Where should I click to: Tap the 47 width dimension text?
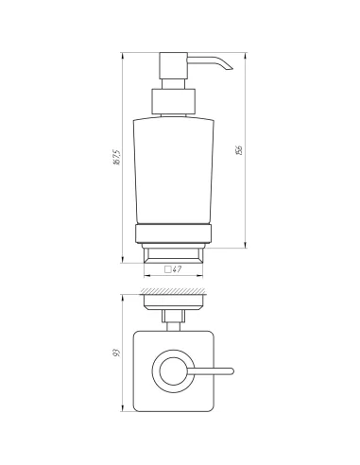[178, 269]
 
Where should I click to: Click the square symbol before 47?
[167, 269]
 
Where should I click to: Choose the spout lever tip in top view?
[227, 370]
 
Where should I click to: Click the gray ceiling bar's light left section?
[141, 46]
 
